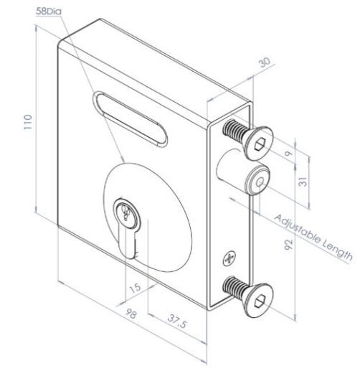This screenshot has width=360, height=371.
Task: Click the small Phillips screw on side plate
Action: point(229,256)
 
